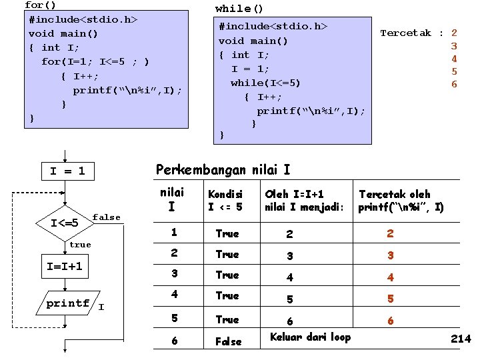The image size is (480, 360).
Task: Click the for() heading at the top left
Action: point(39,5)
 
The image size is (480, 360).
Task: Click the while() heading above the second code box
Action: point(239,9)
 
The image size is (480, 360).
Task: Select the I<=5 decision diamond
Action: point(65,222)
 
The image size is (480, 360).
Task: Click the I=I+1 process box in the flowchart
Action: point(65,266)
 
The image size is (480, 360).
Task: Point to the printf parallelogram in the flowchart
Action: point(68,303)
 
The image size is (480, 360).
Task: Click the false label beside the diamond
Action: point(107,217)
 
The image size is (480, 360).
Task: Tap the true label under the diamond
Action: point(80,245)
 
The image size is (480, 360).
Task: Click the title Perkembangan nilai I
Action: point(223,170)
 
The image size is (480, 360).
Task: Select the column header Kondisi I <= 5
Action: point(225,201)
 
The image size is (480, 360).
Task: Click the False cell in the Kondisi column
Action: point(228,341)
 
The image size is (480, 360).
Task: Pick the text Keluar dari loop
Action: point(310,337)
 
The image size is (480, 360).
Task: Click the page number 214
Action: point(461,339)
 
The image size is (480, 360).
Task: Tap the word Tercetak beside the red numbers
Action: point(405,33)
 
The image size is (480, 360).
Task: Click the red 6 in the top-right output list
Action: point(454,84)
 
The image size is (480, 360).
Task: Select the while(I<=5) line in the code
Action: point(265,83)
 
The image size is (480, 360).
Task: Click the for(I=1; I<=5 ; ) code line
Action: point(95,62)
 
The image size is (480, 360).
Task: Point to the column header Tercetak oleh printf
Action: point(401,201)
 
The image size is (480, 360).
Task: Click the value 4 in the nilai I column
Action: point(174,294)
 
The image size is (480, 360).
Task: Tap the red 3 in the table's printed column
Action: point(391,255)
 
